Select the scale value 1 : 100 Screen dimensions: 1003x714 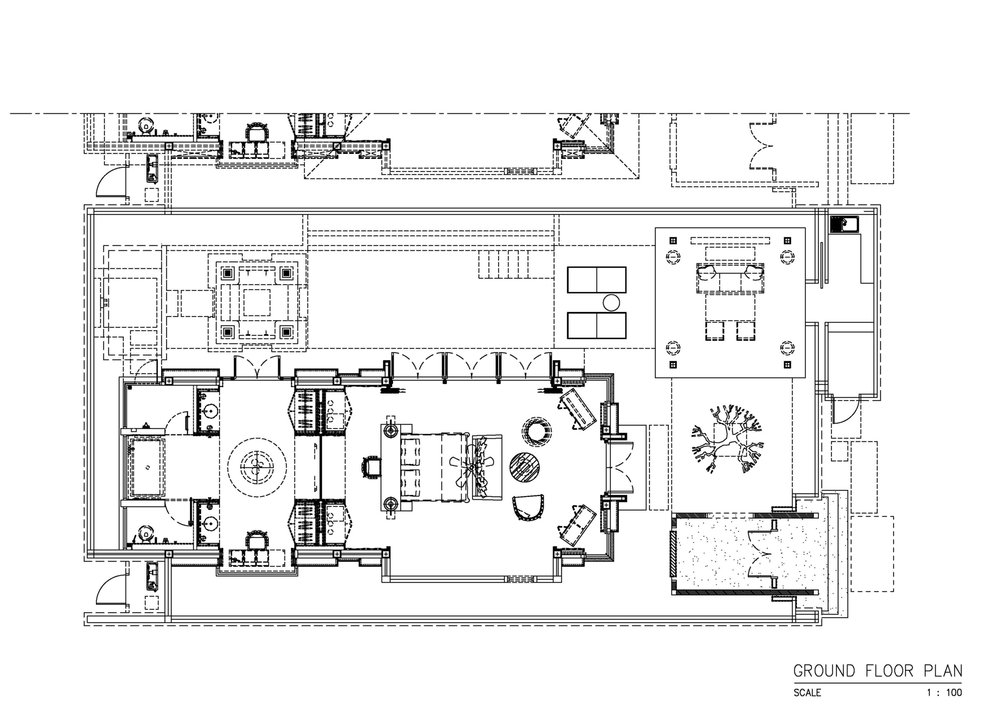tap(944, 693)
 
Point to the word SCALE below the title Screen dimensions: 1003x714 tap(807, 693)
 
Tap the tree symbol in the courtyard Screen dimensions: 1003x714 tap(727, 440)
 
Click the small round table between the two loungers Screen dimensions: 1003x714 tap(611, 303)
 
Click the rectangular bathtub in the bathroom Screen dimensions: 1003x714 tap(147, 467)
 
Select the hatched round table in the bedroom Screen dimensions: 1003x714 tap(525, 467)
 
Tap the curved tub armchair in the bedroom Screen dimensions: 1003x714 tap(528, 507)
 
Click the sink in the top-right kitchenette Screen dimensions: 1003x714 tap(844, 224)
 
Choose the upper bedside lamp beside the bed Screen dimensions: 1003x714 tap(391, 431)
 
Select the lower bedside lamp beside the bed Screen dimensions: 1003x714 tap(391, 504)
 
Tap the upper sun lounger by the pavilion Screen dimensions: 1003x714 tap(597, 280)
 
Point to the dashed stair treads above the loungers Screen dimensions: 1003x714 tap(504, 264)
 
